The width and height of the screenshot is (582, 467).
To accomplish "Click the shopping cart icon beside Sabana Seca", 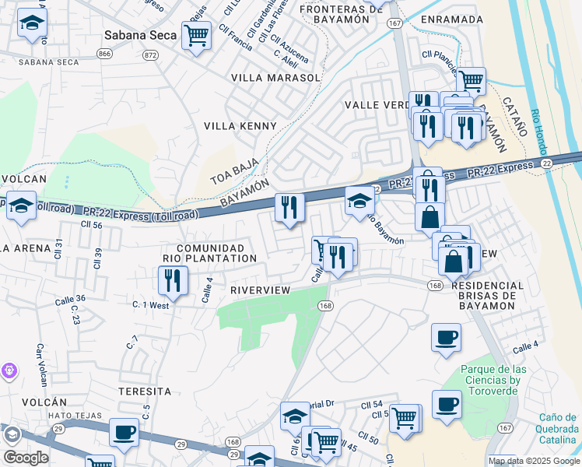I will [x=196, y=34].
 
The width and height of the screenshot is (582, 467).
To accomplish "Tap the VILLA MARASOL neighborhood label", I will [x=275, y=78].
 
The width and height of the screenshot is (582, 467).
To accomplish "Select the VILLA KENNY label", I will [x=240, y=126].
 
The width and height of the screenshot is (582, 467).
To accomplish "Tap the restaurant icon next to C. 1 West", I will [x=173, y=280].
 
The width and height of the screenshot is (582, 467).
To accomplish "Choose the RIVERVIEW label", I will [x=260, y=290].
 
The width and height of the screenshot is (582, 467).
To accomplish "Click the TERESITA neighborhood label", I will [x=144, y=391].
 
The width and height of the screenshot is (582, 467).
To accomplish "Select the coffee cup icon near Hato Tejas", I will [x=124, y=432].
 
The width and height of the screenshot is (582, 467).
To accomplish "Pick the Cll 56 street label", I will [x=92, y=224].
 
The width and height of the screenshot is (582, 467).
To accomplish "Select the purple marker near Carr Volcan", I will [x=9, y=370].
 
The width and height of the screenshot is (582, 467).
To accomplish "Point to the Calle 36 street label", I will [x=70, y=300].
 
